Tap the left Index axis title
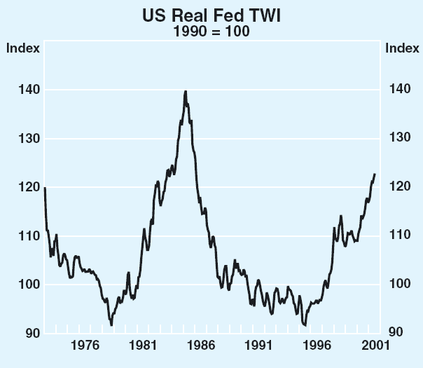point(21,48)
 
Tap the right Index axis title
point(403,48)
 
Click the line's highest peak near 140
point(186,91)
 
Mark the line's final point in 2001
point(375,174)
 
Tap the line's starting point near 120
point(45,188)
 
